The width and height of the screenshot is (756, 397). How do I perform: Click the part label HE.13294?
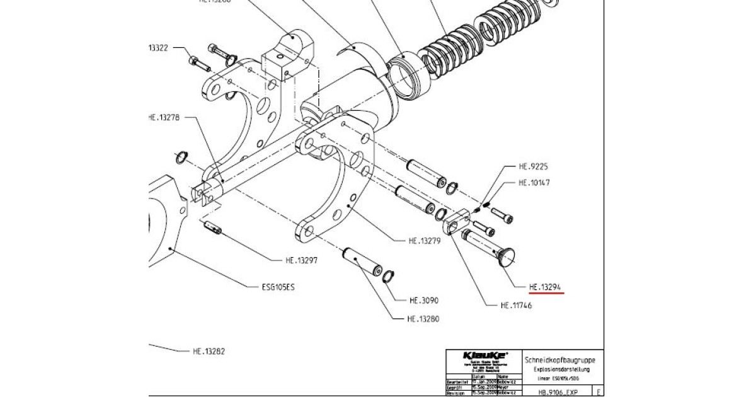546,287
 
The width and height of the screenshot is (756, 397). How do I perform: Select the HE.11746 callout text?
516,306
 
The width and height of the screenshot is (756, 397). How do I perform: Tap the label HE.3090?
424,300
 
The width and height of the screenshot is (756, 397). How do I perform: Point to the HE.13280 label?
423,319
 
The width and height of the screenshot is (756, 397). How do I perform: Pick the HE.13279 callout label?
424,240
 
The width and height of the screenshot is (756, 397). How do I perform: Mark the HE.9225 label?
533,167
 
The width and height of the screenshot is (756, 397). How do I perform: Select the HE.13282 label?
209,351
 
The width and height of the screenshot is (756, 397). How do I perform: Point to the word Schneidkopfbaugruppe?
559,360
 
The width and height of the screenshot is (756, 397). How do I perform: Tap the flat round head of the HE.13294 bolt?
507,257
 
